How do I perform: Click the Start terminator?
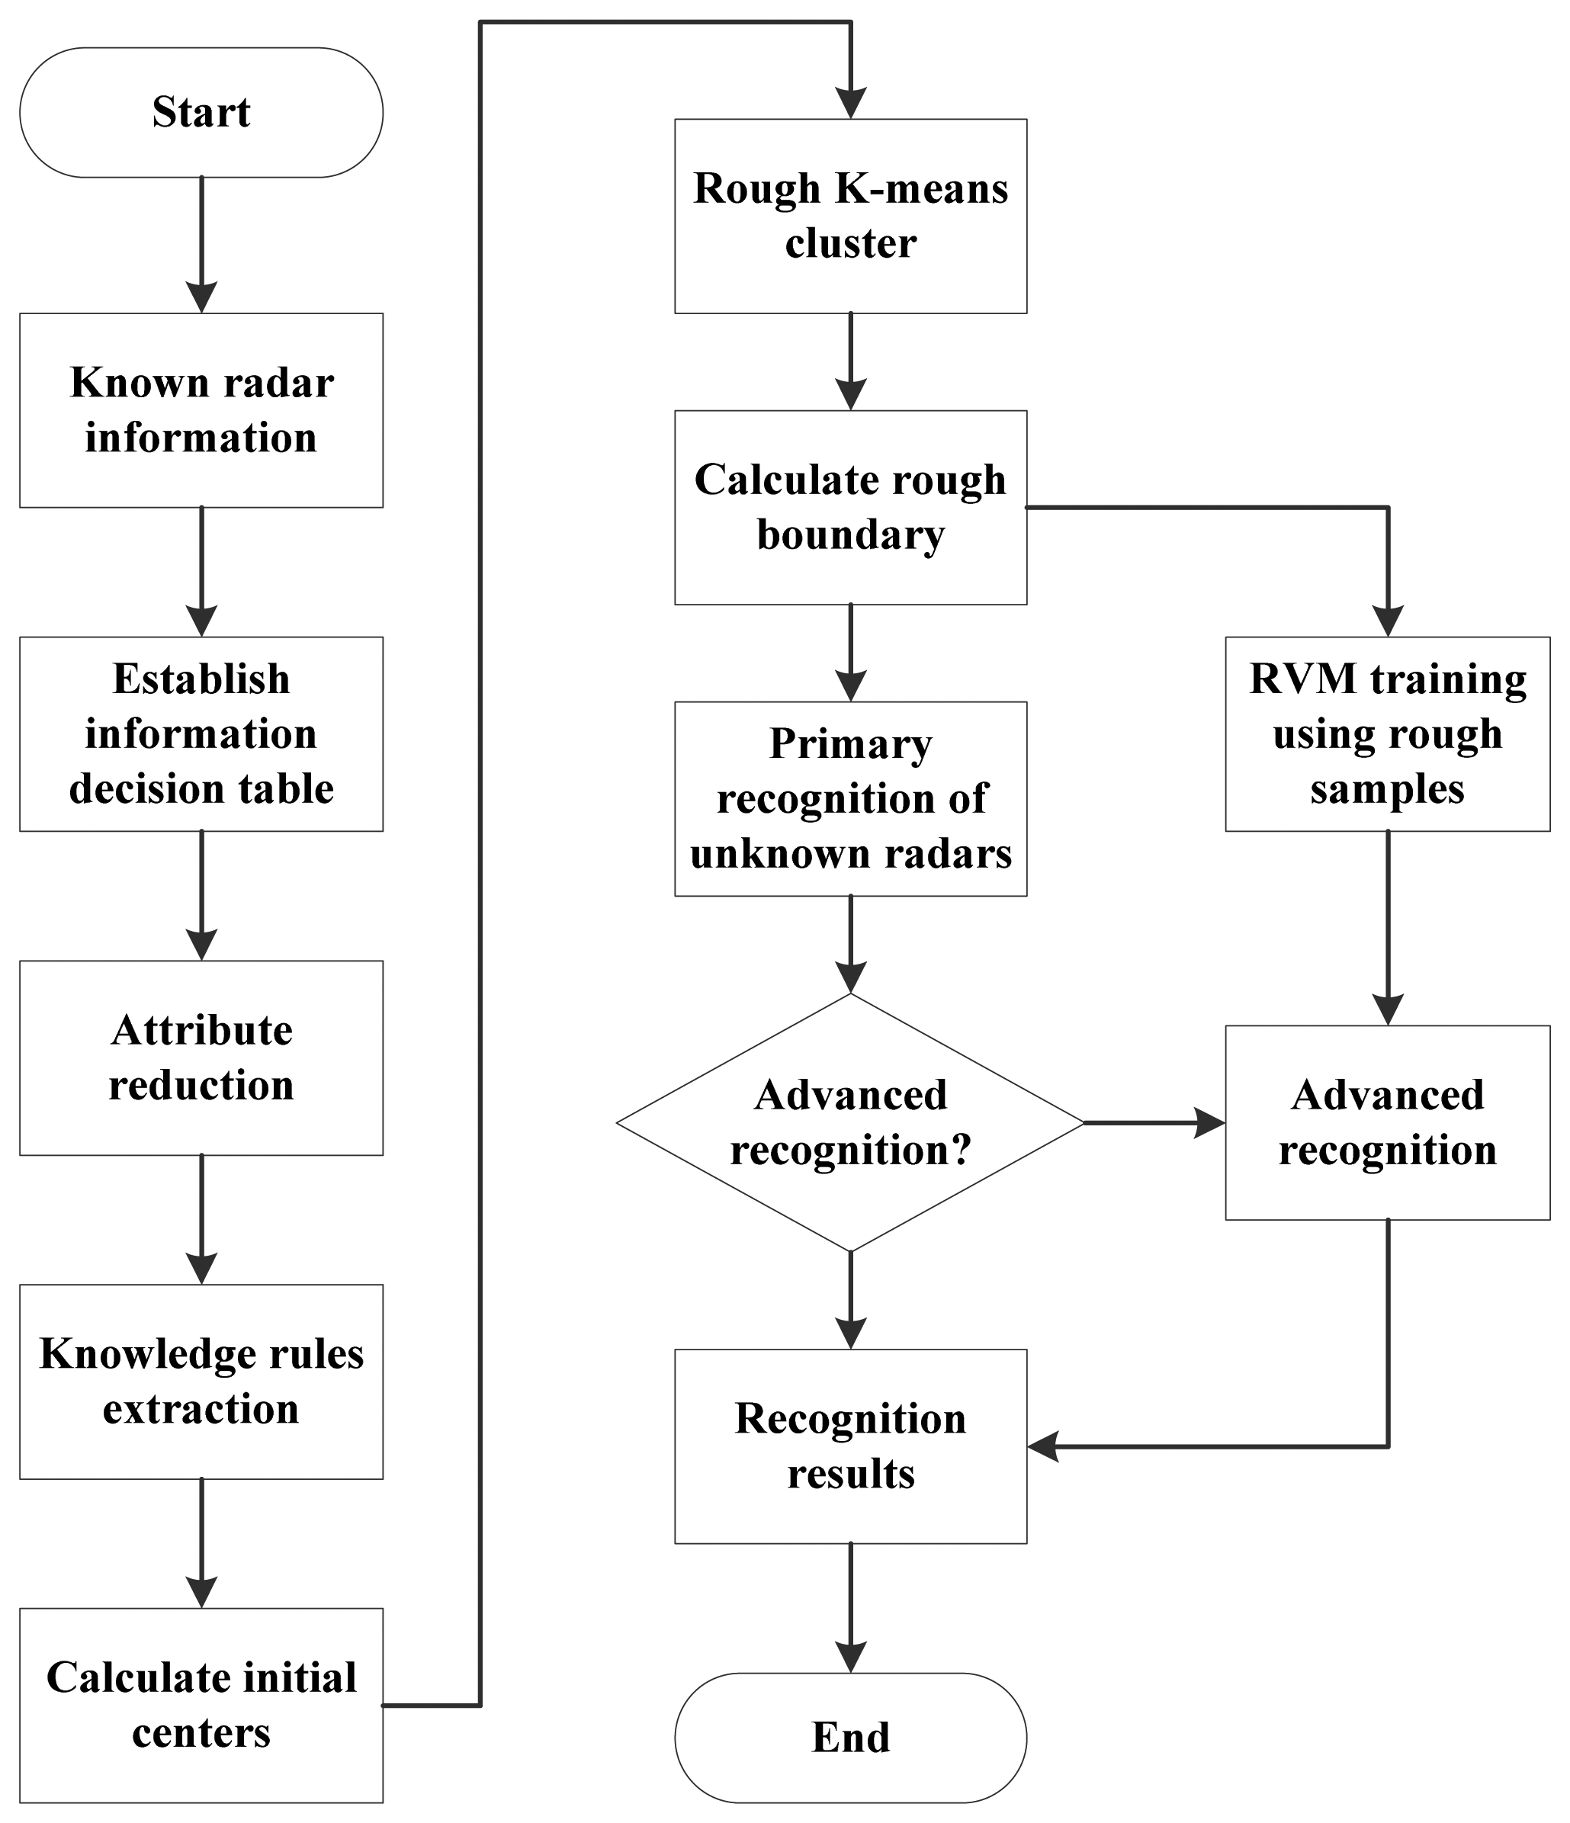click(x=201, y=113)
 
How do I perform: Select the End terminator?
click(x=850, y=1738)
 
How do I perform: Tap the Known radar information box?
click(x=201, y=410)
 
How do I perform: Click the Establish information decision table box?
click(x=201, y=733)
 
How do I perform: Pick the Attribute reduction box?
click(x=201, y=1058)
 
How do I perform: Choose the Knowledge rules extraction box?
click(x=201, y=1382)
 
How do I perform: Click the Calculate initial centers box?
click(x=201, y=1705)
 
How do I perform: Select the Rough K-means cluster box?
click(x=850, y=216)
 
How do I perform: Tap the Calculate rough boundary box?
click(x=850, y=507)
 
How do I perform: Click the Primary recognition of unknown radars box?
click(x=850, y=798)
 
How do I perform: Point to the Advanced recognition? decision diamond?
click(x=850, y=1122)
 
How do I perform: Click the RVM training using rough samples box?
click(x=1387, y=733)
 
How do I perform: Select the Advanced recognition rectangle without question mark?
click(x=1387, y=1122)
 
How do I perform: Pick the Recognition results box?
click(x=850, y=1446)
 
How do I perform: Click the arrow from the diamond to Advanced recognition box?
click(x=1153, y=1122)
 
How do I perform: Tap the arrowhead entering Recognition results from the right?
click(x=1044, y=1446)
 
